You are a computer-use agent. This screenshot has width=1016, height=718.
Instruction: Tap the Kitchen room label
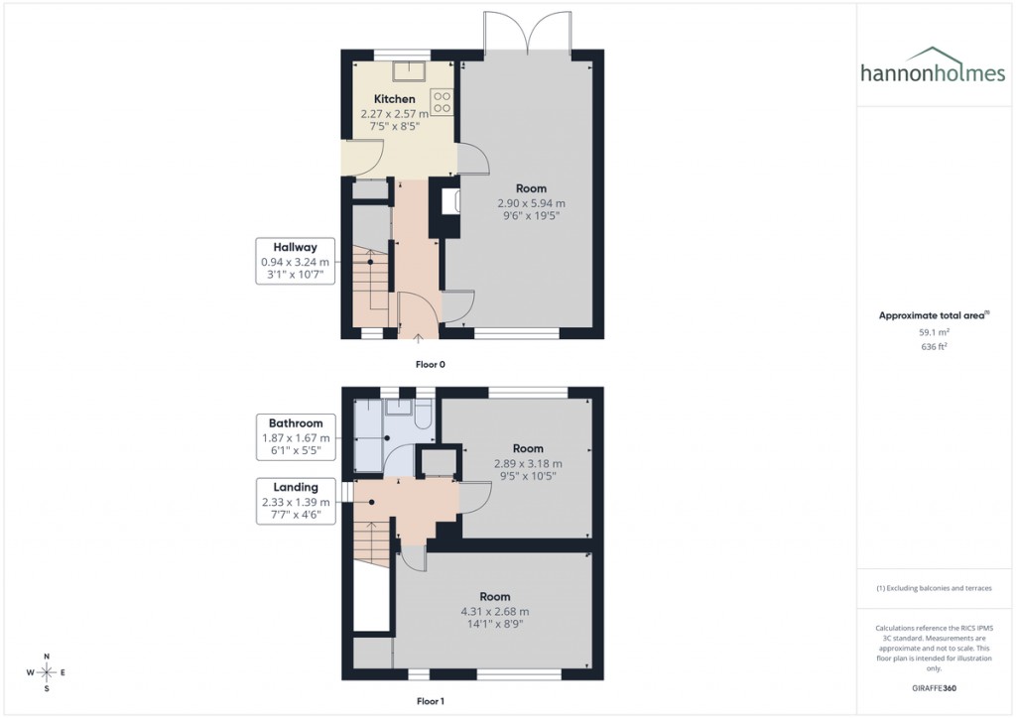[394, 99]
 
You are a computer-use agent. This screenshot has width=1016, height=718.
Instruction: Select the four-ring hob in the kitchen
[442, 101]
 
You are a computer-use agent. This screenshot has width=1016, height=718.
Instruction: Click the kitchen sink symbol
[407, 70]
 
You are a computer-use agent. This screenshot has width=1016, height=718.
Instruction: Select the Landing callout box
[296, 501]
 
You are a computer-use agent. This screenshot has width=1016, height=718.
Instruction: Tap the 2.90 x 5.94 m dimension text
[531, 203]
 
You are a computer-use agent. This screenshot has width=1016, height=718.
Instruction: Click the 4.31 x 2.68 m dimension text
[494, 611]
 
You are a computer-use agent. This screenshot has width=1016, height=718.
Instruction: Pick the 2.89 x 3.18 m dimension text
[528, 463]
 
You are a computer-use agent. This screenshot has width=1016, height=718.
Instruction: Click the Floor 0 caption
[430, 365]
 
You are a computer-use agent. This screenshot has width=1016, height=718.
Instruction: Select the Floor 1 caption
[430, 700]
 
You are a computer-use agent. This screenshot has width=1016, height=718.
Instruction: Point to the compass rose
[45, 672]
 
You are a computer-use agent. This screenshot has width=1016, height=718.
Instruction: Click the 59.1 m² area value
[934, 333]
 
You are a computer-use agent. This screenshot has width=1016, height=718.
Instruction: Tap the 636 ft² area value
[934, 347]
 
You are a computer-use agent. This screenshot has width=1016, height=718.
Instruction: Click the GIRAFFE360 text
[934, 687]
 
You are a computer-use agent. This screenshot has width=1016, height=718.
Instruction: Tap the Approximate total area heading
[934, 315]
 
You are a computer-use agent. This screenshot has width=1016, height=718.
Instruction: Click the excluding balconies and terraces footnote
[934, 588]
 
